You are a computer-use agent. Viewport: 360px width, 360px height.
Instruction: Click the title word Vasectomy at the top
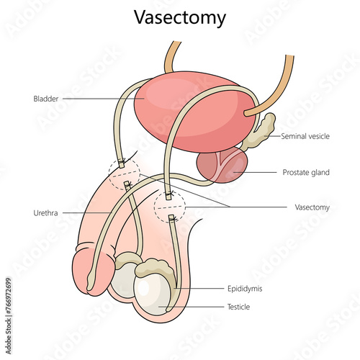pyautogui.click(x=180, y=18)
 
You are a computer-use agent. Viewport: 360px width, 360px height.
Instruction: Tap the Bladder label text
pyautogui.click(x=46, y=99)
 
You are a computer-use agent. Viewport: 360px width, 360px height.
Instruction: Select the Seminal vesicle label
pyautogui.click(x=305, y=136)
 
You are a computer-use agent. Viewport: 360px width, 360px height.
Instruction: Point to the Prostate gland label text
pyautogui.click(x=306, y=172)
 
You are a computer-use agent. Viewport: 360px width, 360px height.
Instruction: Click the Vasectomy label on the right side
pyautogui.click(x=312, y=207)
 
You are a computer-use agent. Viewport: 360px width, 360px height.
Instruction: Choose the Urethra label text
pyautogui.click(x=45, y=213)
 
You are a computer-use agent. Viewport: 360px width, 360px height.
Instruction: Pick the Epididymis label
pyautogui.click(x=245, y=289)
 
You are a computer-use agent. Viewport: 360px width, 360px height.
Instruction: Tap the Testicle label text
pyautogui.click(x=238, y=307)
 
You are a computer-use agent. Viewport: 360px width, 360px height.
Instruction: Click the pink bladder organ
pyautogui.click(x=194, y=112)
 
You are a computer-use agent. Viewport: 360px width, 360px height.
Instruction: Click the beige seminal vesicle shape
pyautogui.click(x=260, y=132)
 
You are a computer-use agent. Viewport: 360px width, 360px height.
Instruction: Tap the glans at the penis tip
pyautogui.click(x=93, y=272)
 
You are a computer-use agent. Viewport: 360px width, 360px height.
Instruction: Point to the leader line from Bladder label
pyautogui.click(x=104, y=99)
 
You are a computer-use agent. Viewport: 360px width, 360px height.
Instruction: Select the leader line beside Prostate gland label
pyautogui.click(x=255, y=172)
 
